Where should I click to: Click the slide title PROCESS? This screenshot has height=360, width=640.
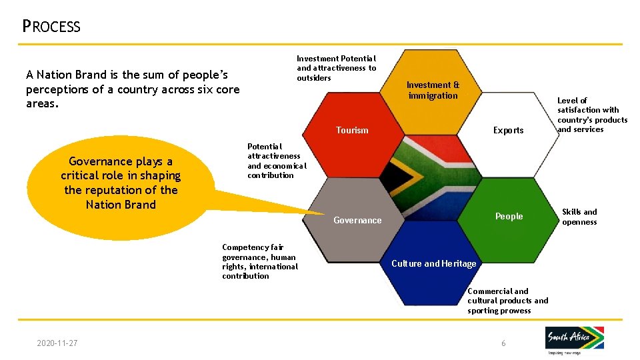click(x=51, y=27)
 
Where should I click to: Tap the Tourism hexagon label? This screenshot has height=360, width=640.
click(x=352, y=130)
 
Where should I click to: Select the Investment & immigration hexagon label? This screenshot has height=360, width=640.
click(x=433, y=90)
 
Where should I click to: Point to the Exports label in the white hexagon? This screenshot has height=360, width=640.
click(x=508, y=130)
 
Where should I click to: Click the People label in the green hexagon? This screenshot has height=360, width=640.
click(x=509, y=216)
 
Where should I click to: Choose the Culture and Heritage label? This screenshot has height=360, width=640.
click(x=433, y=263)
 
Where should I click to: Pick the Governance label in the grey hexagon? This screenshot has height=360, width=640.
click(x=357, y=220)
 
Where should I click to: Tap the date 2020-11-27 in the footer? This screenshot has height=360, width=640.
click(x=57, y=343)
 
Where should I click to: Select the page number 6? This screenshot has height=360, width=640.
click(x=503, y=343)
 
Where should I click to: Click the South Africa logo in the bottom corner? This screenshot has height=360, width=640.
click(x=575, y=340)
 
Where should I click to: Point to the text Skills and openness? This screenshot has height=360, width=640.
click(x=579, y=217)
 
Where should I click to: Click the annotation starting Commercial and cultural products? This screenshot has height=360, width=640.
click(x=507, y=301)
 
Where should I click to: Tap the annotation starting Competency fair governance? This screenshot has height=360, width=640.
click(x=260, y=261)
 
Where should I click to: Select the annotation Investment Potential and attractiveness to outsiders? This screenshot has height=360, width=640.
click(x=336, y=68)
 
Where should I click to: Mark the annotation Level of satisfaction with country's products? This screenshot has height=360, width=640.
click(x=592, y=115)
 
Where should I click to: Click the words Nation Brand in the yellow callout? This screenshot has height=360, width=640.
click(x=121, y=205)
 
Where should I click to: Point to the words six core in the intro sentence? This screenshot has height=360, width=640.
click(x=209, y=89)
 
